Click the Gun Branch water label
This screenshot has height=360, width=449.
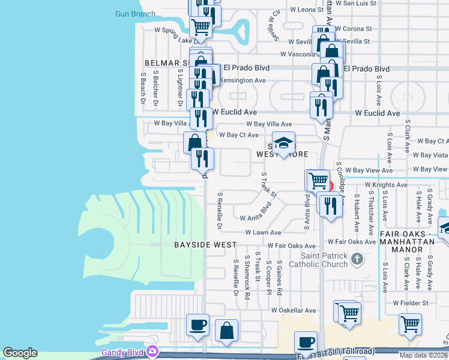135,14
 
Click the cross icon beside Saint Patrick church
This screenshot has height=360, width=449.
357,259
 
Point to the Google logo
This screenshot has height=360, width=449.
20,353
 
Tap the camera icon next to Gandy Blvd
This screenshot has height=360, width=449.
153,351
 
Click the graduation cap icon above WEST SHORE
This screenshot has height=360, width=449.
284,143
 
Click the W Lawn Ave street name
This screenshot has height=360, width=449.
263,233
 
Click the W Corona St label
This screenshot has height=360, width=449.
354,28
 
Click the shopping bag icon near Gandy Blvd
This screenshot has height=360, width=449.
227,331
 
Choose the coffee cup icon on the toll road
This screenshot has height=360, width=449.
306,343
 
